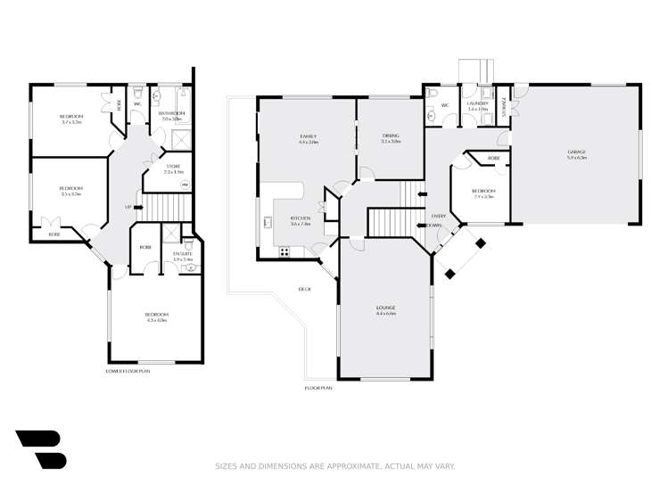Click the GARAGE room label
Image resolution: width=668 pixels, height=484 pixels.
tap(576, 152)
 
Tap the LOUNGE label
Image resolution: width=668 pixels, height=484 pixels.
tap(385, 308)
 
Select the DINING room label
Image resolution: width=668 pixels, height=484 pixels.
tap(391, 135)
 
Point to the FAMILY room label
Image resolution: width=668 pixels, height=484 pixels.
tap(309, 135)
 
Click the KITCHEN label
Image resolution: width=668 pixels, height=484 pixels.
tap(300, 218)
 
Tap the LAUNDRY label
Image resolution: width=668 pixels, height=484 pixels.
tap(478, 103)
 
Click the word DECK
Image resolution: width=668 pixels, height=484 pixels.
tap(304, 290)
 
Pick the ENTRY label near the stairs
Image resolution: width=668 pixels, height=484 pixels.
tap(438, 217)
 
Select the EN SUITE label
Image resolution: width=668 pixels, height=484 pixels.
tap(183, 254)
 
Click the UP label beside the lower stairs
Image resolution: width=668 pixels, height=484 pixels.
tap(128, 207)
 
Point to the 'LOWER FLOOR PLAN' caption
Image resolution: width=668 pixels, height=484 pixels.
tap(128, 370)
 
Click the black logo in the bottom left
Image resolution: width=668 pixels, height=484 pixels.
tap(40, 448)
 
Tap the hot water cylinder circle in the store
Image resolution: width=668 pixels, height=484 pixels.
tap(185, 185)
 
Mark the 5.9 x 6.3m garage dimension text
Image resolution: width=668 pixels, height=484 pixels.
tap(576, 158)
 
